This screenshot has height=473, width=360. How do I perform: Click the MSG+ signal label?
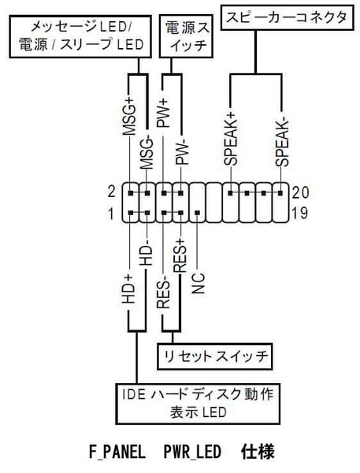[x=130, y=117]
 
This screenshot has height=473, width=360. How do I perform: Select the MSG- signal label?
[x=147, y=153]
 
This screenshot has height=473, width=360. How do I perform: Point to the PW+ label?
[x=163, y=114]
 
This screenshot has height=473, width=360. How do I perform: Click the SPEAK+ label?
[x=231, y=139]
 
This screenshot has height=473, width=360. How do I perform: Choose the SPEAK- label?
[x=281, y=143]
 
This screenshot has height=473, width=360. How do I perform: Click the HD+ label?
[x=130, y=289]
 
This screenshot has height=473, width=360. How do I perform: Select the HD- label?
[x=147, y=255]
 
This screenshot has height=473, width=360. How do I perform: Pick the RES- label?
[x=163, y=294]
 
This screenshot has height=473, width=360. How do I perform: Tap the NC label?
[x=198, y=283]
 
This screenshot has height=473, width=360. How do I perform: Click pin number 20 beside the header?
[x=300, y=192]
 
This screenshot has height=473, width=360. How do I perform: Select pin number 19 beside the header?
[x=299, y=214]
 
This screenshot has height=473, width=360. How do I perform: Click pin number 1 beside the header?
[x=112, y=214]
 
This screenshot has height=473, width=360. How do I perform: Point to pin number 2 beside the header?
[x=112, y=192]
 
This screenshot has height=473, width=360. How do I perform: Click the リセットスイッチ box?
[x=215, y=356]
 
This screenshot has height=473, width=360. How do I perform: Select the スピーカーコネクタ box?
[x=287, y=17]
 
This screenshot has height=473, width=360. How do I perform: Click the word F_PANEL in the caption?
[x=117, y=453]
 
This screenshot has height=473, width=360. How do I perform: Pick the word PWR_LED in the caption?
[x=192, y=453]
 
